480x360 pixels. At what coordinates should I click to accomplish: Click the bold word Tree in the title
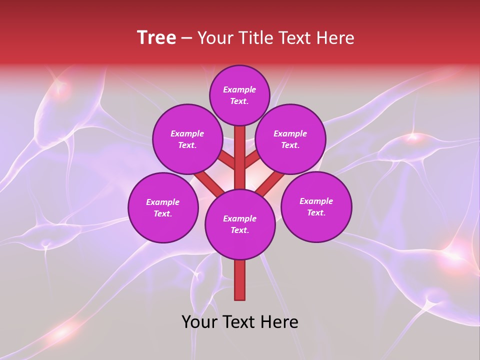tap(156, 37)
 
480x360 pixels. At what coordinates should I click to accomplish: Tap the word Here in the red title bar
tap(335, 37)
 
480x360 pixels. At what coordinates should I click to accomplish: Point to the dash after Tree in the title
tap(187, 38)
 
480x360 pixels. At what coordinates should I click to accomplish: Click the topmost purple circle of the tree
tap(239, 95)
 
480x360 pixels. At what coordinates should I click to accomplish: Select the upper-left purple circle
tap(187, 139)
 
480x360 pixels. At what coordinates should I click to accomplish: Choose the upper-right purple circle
tap(290, 139)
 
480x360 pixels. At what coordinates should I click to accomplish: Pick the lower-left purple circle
tap(163, 207)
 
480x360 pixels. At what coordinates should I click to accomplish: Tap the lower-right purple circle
tap(316, 206)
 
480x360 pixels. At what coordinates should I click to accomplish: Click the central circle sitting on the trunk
tap(240, 224)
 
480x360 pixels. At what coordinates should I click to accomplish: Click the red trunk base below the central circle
tap(240, 280)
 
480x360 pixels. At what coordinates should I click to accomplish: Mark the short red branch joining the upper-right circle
tap(252, 160)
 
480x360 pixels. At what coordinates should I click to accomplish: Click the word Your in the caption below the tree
tap(199, 322)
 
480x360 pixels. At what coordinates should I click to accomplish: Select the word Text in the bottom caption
tap(239, 322)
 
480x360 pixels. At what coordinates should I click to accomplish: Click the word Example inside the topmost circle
tap(239, 89)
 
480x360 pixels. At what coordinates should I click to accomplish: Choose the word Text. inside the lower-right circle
tap(316, 212)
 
